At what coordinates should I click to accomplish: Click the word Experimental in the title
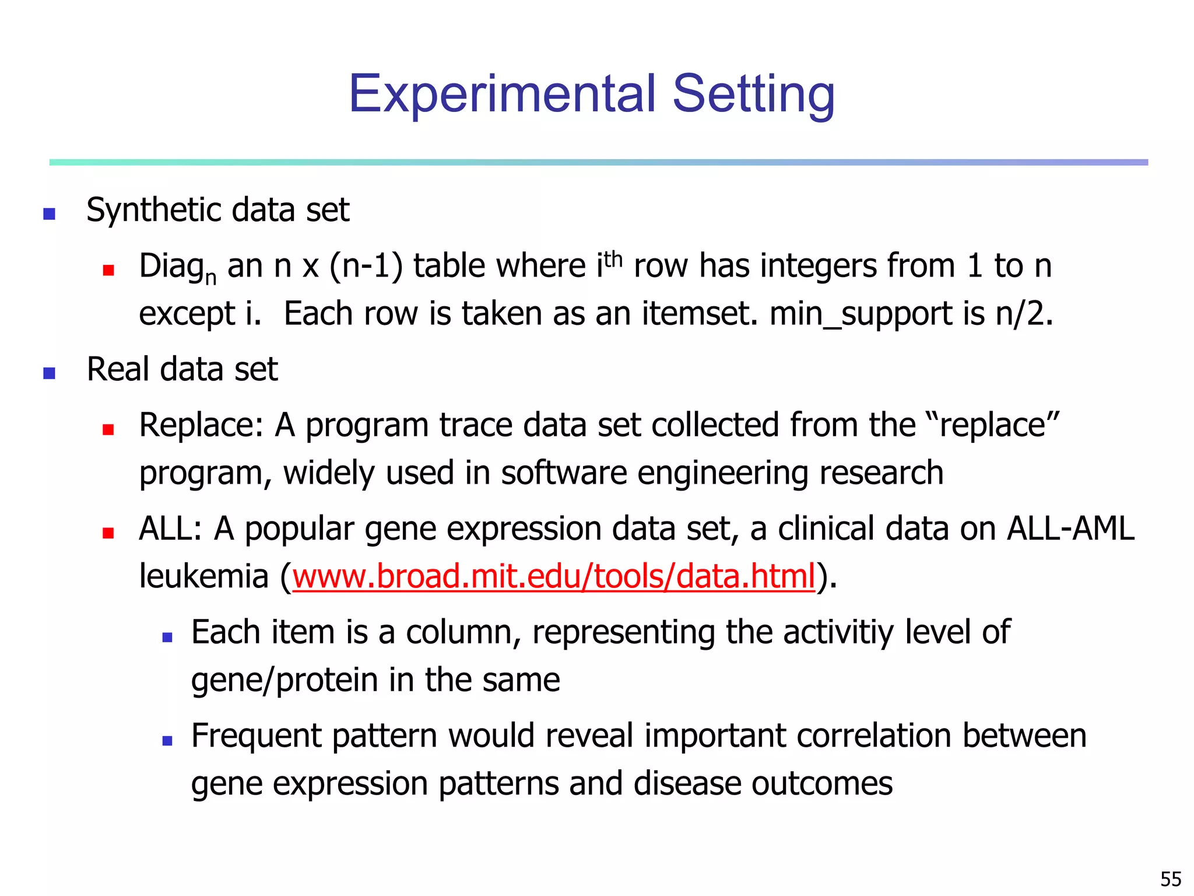[501, 94]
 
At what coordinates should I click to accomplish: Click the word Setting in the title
[753, 94]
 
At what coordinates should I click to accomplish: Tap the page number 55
[1171, 878]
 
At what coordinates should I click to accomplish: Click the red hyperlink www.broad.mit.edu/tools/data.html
[553, 576]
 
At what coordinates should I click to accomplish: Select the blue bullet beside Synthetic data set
[50, 213]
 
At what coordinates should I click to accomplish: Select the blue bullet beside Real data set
[50, 373]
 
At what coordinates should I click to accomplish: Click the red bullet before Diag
[108, 270]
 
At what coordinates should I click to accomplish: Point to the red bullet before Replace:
[108, 430]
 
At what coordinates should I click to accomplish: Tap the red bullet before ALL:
[108, 533]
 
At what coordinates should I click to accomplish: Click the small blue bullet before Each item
[167, 638]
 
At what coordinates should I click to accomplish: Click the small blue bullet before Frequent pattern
[167, 741]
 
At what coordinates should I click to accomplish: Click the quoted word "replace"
[992, 425]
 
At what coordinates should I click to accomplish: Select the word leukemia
[203, 576]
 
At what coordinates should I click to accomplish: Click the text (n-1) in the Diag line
[366, 267]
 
